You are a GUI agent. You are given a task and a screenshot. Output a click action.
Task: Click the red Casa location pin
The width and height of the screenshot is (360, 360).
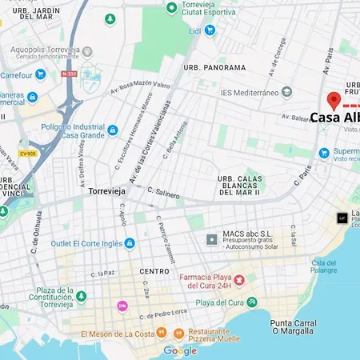tap(334, 102)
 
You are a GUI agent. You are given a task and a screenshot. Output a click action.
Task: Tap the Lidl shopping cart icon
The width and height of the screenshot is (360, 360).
tap(210, 30)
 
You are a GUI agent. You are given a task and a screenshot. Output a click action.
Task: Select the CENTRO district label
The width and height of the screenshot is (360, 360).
tap(154, 271)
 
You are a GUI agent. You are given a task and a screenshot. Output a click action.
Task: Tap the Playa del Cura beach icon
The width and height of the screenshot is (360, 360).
tap(252, 302)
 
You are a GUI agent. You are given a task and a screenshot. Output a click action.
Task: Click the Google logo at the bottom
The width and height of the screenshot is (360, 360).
tap(180, 350)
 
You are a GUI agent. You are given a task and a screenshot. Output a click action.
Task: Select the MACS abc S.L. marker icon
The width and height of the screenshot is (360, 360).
tap(211, 239)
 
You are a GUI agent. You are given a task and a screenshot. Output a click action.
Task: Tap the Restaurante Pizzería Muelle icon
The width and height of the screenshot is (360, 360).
tap(178, 333)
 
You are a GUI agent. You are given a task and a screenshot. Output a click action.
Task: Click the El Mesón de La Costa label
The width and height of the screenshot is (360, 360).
tap(116, 333)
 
